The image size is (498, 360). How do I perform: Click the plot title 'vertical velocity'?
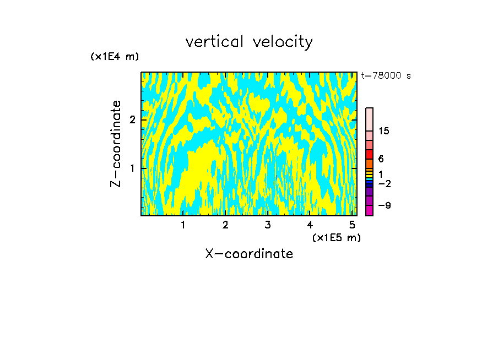coord(249,42)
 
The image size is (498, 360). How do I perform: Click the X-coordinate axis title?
coord(249,254)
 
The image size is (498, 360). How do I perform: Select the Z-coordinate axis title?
coord(116,144)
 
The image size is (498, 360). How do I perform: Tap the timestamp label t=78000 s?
coord(386,76)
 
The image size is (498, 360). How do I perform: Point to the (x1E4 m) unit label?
coord(115,57)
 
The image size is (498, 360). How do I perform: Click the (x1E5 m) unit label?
coord(336,237)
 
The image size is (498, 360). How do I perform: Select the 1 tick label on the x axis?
coord(183,225)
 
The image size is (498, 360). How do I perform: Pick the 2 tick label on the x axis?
coord(225,225)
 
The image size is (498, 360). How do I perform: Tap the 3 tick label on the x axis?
coord(268,225)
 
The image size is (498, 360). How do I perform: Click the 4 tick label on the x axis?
coord(310,225)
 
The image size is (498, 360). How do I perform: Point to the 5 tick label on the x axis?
coord(351,225)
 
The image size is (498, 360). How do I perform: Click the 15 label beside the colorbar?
coord(384,131)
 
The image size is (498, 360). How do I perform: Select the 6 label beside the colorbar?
coord(381,159)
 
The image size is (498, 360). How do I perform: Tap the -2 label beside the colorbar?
coord(384,183)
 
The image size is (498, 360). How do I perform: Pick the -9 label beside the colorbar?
coord(384,205)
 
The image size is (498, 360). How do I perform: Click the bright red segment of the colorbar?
coord(369,154)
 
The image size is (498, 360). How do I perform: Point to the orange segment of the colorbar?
coord(369,163)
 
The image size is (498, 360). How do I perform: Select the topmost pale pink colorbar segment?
coord(369,119)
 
